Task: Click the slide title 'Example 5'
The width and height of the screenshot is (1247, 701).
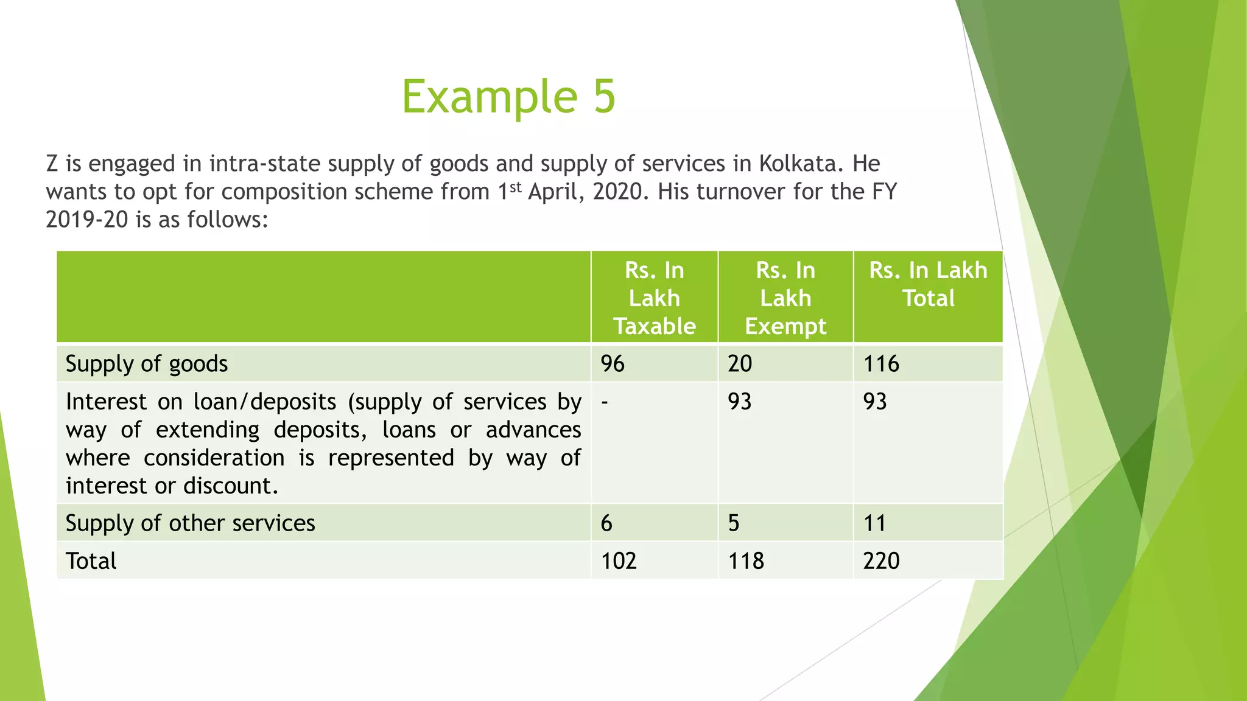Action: click(x=508, y=96)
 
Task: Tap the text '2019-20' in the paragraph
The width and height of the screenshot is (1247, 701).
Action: click(x=86, y=220)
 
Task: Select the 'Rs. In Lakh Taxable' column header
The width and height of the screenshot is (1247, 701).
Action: click(x=654, y=298)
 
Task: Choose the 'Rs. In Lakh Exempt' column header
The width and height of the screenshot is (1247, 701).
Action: click(x=785, y=298)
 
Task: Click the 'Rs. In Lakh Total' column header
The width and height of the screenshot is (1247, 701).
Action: click(x=928, y=284)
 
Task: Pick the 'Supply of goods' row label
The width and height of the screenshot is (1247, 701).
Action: click(x=147, y=364)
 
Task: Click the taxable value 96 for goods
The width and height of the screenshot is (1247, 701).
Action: click(x=613, y=364)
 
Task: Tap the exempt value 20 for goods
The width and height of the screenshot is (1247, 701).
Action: click(x=740, y=364)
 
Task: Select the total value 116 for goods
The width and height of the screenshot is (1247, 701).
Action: click(x=881, y=364)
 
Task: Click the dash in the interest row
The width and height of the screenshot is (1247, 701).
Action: click(x=604, y=402)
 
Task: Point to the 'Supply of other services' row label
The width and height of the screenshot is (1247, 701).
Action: click(x=190, y=523)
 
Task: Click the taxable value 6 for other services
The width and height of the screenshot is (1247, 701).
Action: click(x=606, y=523)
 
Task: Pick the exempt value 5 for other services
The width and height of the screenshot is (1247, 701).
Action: click(x=734, y=523)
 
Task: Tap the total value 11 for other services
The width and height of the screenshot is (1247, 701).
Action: click(x=874, y=523)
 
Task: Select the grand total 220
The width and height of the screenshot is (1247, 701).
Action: click(x=881, y=560)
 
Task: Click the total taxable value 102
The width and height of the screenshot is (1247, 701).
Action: click(x=619, y=560)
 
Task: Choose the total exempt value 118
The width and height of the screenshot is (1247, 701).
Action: click(x=746, y=560)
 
